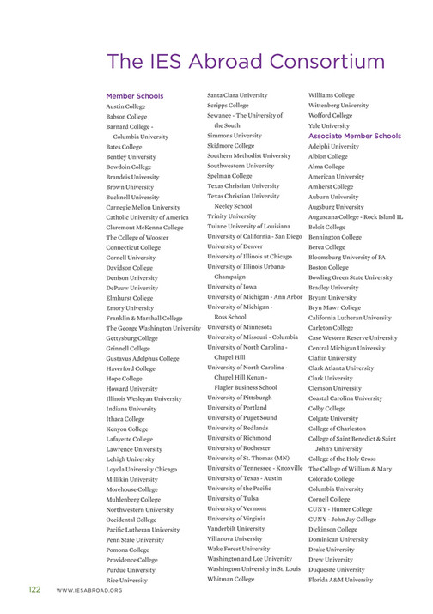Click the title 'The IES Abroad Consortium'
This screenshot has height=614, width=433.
pos(245,62)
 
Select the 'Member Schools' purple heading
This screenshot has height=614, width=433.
pos(134,96)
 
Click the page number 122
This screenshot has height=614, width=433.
pos(34,590)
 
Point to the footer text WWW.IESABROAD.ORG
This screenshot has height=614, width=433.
pos(89,591)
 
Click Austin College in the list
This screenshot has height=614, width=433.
pos(127,106)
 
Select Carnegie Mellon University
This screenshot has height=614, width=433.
pos(143,207)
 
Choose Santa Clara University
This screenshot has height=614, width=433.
pos(237,95)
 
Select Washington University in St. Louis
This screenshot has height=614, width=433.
pos(254,568)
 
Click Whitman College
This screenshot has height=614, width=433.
pos(231,579)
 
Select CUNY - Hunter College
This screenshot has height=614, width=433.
pos(341,508)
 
